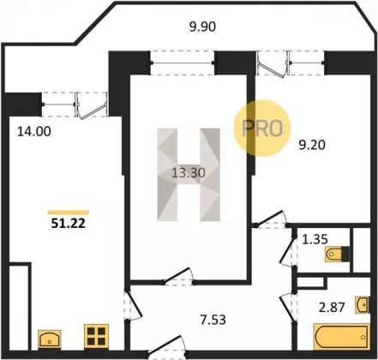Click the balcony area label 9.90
[x=202, y=27]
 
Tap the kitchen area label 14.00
[x=34, y=131]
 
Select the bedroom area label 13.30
[x=189, y=173]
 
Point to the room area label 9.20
[x=312, y=145]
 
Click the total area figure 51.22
[x=69, y=223]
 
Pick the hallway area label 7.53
[x=213, y=320]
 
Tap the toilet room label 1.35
[x=315, y=239]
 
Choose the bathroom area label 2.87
[x=332, y=308]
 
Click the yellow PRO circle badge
[x=262, y=129]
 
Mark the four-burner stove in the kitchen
[x=96, y=336]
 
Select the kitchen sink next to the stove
[x=50, y=339]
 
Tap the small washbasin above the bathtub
[x=362, y=304]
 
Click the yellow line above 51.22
[x=69, y=213]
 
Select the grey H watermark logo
[x=189, y=175]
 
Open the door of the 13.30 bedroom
[x=178, y=277]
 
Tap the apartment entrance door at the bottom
[x=166, y=346]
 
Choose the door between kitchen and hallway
[x=133, y=306]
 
